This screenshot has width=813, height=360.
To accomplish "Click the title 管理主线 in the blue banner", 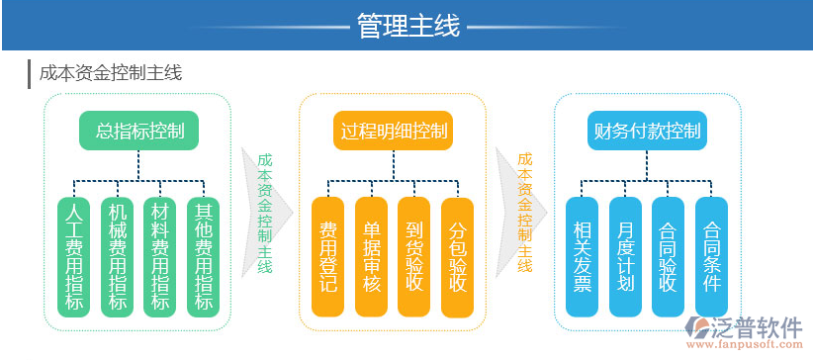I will (x=406, y=25).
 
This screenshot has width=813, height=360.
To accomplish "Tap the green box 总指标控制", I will (x=138, y=131).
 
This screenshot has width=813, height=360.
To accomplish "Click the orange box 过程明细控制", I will (x=394, y=131).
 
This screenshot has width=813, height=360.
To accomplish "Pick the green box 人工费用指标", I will (x=74, y=256).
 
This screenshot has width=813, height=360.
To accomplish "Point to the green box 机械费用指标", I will (x=118, y=256).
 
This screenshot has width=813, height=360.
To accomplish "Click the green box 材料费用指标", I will (x=159, y=256).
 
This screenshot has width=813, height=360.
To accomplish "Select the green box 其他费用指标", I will (x=203, y=256).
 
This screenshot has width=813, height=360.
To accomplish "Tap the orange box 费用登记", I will (x=327, y=256).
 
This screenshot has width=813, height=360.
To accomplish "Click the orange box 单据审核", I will (x=371, y=256).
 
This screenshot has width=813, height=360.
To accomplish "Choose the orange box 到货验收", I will (x=414, y=256).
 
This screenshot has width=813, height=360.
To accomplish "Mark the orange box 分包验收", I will (x=458, y=256).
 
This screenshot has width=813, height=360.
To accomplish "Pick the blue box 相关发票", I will (x=582, y=256).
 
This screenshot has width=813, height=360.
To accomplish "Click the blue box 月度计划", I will (x=625, y=256).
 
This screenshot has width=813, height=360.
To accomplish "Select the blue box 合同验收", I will (x=669, y=256).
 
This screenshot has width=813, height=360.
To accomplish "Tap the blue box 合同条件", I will (x=711, y=256).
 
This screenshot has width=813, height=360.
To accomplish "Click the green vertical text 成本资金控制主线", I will (x=265, y=212).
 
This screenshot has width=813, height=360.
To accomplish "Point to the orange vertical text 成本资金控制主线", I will (x=525, y=212).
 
